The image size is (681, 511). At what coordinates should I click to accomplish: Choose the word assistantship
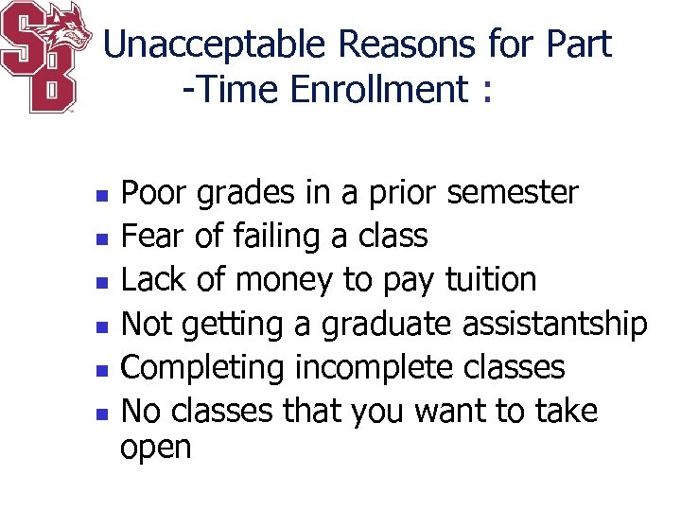click(554, 324)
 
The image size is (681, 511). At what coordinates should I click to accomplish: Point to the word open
click(156, 449)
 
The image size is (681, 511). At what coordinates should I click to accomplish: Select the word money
click(285, 281)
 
